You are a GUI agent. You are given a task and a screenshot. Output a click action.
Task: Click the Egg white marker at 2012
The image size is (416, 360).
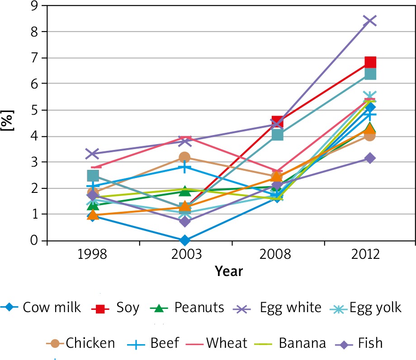point(370,21)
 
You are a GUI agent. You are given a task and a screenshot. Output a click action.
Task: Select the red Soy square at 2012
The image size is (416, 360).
point(370,62)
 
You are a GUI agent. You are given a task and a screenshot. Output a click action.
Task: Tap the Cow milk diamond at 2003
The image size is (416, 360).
point(184,240)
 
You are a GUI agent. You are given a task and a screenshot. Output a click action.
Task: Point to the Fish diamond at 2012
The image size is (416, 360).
point(370,158)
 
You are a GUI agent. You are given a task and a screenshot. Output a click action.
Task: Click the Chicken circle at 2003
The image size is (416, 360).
point(184,157)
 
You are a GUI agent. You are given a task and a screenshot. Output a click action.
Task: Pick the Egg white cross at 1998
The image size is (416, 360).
point(92,154)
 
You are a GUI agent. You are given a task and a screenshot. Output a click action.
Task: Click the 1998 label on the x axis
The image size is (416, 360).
point(92,254)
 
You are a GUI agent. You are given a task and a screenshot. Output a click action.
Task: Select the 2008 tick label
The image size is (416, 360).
point(277,254)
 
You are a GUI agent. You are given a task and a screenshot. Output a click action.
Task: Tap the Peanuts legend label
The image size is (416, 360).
point(199,308)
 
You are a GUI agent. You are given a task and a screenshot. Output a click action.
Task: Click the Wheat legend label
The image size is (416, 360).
point(227,343)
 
